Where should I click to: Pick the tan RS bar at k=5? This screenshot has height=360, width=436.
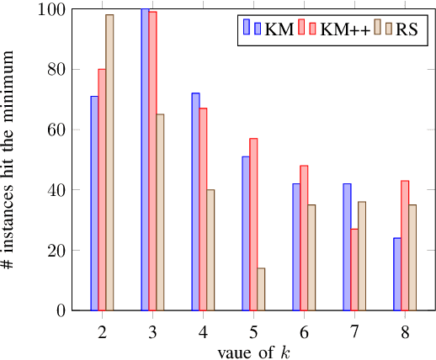point(261,289)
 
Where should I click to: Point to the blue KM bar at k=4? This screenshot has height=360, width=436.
point(195,202)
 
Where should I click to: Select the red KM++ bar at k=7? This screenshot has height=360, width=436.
point(354,270)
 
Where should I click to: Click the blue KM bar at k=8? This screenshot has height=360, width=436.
point(397,274)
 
